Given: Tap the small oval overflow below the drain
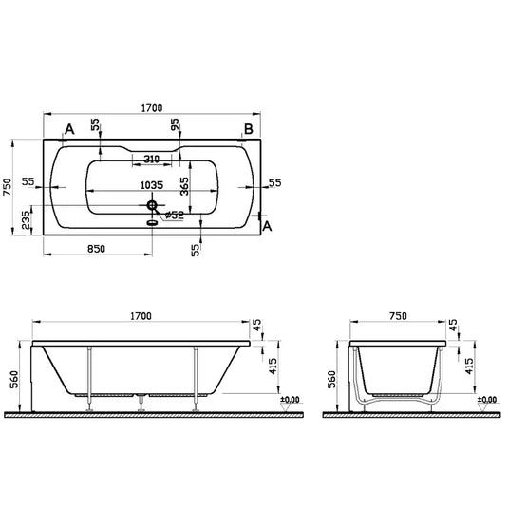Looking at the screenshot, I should click(x=150, y=224).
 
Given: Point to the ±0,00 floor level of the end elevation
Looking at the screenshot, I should click(x=485, y=400).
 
